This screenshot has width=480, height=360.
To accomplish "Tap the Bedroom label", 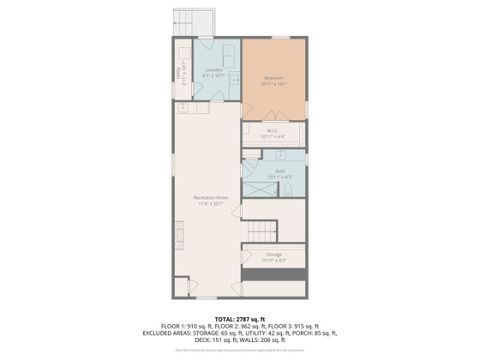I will pyautogui.click(x=273, y=80).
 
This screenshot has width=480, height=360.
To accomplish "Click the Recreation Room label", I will pyautogui.click(x=207, y=200).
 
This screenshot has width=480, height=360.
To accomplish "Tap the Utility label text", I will pyautogui.click(x=179, y=73).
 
